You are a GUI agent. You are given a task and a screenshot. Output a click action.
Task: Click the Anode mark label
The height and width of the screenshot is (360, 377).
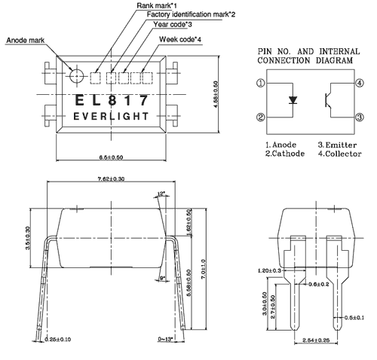pyautogui.click(x=26, y=40)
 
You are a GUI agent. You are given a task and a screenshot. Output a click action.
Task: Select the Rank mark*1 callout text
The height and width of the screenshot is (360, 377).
pyautogui.click(x=156, y=5)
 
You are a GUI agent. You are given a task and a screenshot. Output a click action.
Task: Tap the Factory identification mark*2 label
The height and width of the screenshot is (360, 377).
pyautogui.click(x=191, y=14)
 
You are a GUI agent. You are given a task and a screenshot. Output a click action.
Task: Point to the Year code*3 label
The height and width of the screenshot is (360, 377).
pyautogui.click(x=173, y=24)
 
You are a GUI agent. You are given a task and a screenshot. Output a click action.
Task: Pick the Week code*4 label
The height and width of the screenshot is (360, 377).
pyautogui.click(x=180, y=39)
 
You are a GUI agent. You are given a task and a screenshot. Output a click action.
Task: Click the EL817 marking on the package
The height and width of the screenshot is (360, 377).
pyautogui.click(x=112, y=100)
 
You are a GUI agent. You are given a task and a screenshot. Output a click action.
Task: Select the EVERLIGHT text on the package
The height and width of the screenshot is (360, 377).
pyautogui.click(x=111, y=116)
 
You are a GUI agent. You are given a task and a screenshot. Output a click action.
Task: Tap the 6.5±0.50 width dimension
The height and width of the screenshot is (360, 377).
pyautogui.click(x=111, y=157)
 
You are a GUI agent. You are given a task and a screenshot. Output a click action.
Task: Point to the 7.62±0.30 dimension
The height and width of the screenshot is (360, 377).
pyautogui.click(x=111, y=179)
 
